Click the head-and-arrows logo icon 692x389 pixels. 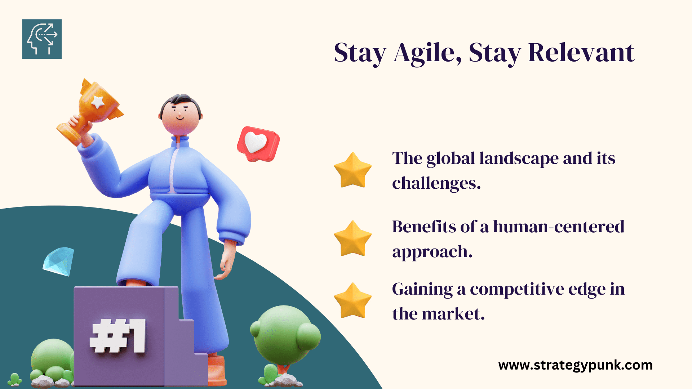coord(42,39)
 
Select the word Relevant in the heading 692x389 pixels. coord(581,53)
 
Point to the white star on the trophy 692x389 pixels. coord(98,102)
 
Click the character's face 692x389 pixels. coord(180,117)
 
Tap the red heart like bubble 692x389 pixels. coord(258,144)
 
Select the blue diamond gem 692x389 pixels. coord(58,261)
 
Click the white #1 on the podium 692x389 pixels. coord(118,336)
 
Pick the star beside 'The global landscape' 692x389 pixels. coord(353,170)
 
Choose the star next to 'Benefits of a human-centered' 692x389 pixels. coord(353,239)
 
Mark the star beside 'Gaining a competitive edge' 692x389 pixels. coord(353,301)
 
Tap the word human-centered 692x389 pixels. coord(559,227)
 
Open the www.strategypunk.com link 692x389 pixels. coord(576,365)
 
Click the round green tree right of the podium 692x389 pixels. coord(285,335)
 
